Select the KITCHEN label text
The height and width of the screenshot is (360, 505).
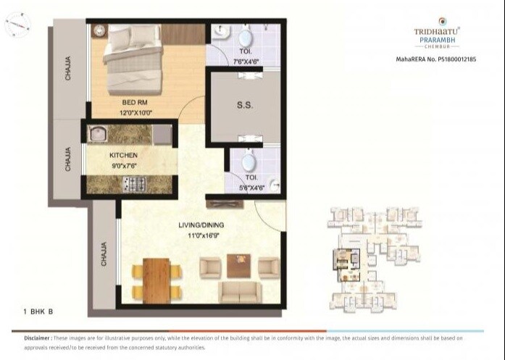123,155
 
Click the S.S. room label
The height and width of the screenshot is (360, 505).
244,106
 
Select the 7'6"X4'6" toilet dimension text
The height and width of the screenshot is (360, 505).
246,62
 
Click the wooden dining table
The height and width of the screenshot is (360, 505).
156,280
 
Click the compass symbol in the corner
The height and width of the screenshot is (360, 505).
17,27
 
